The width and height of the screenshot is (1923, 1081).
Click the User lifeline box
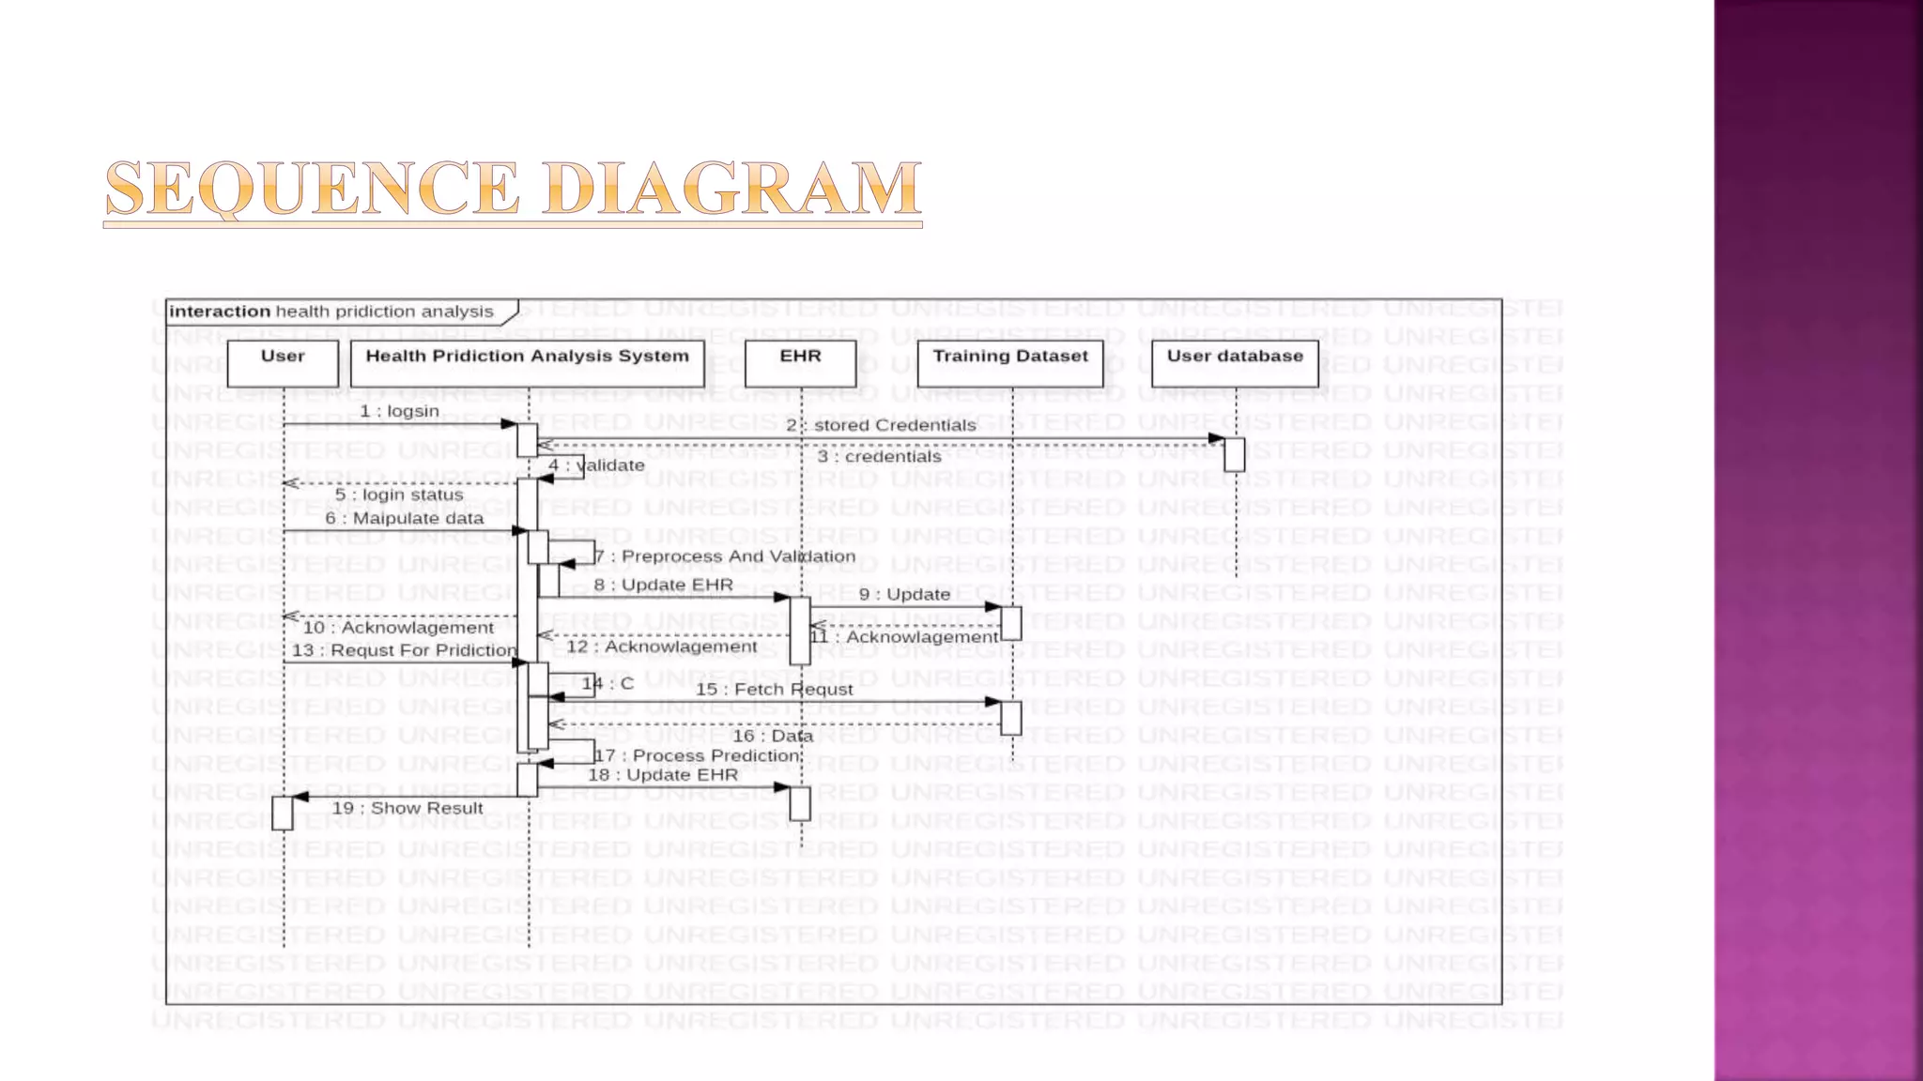point(283,362)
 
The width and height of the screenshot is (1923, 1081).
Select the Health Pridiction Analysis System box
point(527,362)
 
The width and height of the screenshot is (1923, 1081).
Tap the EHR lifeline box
point(800,362)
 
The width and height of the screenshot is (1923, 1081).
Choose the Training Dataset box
point(1009,362)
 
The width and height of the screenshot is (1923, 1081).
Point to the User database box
point(1235,362)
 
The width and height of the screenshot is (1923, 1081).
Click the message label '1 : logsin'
point(399,411)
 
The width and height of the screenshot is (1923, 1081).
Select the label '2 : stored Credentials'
point(882,425)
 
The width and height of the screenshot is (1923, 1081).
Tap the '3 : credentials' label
point(879,457)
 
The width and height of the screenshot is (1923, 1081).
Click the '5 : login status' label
point(399,495)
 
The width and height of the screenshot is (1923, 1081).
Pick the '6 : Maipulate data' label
point(405,518)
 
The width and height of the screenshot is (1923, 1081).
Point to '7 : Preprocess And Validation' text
point(725,556)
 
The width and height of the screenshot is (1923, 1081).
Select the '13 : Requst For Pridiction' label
point(404,650)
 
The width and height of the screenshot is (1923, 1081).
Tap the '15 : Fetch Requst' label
point(774,690)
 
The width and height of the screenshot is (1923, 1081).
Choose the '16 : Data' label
point(772,736)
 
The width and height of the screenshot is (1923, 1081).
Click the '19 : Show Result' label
point(408,808)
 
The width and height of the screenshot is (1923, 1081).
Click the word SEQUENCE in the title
point(312,189)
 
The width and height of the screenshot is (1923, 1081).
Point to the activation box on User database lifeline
point(1235,454)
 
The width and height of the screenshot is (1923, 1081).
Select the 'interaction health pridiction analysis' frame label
point(331,312)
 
